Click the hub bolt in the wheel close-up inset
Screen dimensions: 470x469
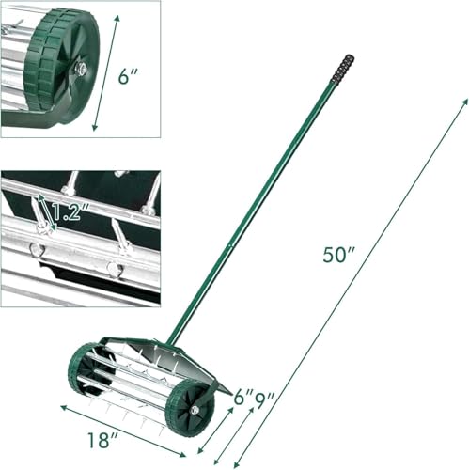pyautogui.click(x=82, y=68)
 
